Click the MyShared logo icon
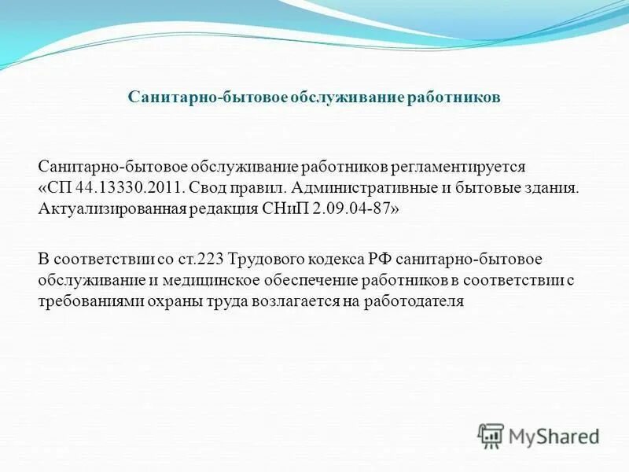tap(491, 435)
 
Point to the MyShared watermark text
tap(554, 436)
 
